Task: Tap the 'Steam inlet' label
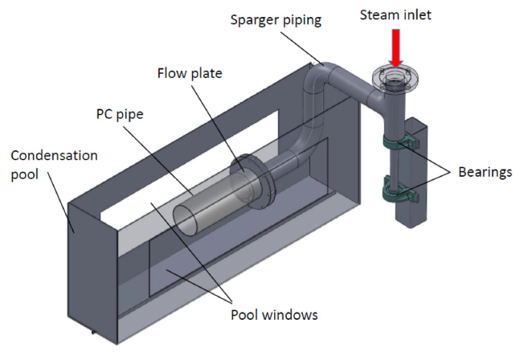pos(395,14)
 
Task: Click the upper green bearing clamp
pos(399,143)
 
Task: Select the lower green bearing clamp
pos(399,193)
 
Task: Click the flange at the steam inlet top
pos(395,80)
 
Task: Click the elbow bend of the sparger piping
pos(317,80)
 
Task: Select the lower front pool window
pos(217,265)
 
